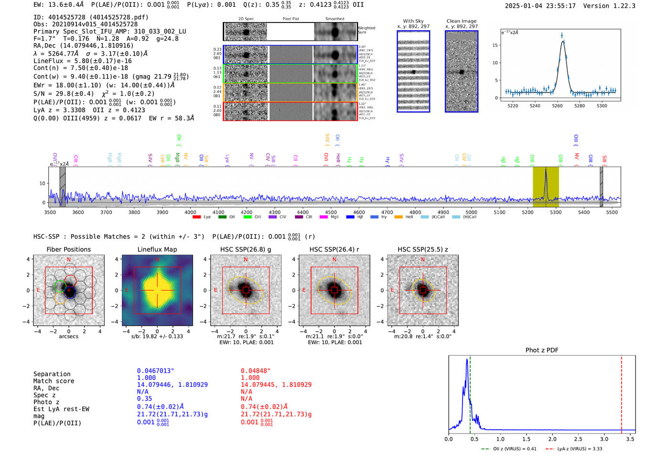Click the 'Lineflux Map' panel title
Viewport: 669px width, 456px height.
click(x=157, y=249)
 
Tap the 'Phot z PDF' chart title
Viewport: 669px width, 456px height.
click(x=542, y=350)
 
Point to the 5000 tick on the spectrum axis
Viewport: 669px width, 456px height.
click(x=471, y=212)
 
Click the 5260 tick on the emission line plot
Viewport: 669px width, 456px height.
click(x=557, y=106)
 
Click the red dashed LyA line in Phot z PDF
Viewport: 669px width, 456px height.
click(x=621, y=392)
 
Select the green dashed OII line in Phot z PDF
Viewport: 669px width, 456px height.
click(x=470, y=392)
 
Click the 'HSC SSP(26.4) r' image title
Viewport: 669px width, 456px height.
click(x=334, y=249)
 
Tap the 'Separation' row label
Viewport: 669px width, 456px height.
click(x=52, y=374)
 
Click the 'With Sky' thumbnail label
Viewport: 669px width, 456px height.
click(x=413, y=21)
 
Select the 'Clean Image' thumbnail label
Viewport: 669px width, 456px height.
click(x=461, y=21)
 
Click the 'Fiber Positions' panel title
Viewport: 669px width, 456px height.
click(x=68, y=249)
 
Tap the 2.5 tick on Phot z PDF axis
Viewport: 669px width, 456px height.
click(x=578, y=439)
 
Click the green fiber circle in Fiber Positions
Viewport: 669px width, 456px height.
click(x=60, y=287)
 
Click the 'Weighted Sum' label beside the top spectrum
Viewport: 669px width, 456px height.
click(x=366, y=30)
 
